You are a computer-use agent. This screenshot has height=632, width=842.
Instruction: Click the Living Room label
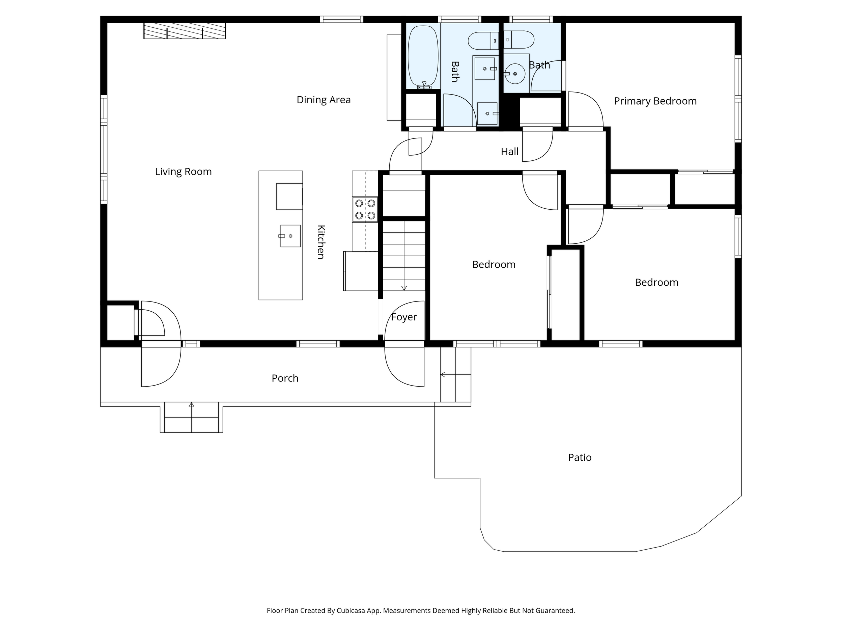pyautogui.click(x=183, y=172)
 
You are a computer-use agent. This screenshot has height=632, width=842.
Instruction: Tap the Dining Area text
pyautogui.click(x=324, y=100)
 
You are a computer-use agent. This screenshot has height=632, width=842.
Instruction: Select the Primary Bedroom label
pyautogui.click(x=655, y=101)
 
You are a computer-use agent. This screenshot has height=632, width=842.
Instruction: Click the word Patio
pyautogui.click(x=580, y=457)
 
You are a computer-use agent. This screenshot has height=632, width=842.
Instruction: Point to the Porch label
pyautogui.click(x=285, y=378)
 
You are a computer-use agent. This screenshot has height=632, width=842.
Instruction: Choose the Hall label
pyautogui.click(x=510, y=152)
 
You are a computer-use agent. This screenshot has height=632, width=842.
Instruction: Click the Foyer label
pyautogui.click(x=404, y=317)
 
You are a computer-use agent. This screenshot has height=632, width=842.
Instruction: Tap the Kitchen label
pyautogui.click(x=321, y=242)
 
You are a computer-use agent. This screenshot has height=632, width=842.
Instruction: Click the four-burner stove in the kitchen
pyautogui.click(x=365, y=209)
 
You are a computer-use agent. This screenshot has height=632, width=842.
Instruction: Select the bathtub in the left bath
pyautogui.click(x=423, y=57)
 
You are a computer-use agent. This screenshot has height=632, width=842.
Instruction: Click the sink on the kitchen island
pyautogui.click(x=290, y=236)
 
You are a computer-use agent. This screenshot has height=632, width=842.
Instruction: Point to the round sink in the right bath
pyautogui.click(x=515, y=74)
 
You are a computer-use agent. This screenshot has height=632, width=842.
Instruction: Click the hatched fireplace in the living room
pyautogui.click(x=185, y=31)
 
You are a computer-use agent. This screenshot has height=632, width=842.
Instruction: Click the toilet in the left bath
pyautogui.click(x=483, y=41)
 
